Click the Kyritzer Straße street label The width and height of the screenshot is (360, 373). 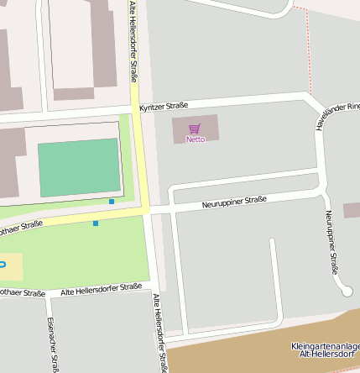point(164,107)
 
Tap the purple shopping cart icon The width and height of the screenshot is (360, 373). point(195,129)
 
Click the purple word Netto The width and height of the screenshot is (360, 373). point(195,139)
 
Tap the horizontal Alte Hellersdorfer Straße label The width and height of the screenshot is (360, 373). point(102,289)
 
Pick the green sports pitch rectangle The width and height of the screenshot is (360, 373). point(80,167)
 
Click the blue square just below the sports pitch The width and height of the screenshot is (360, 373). point(112,202)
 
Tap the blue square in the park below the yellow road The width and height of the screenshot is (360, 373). point(96,223)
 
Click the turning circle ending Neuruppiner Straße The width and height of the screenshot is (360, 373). point(346,291)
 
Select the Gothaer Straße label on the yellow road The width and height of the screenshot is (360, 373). point(20,227)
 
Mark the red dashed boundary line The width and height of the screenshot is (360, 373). point(309,50)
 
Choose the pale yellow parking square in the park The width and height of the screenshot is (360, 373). point(11,266)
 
